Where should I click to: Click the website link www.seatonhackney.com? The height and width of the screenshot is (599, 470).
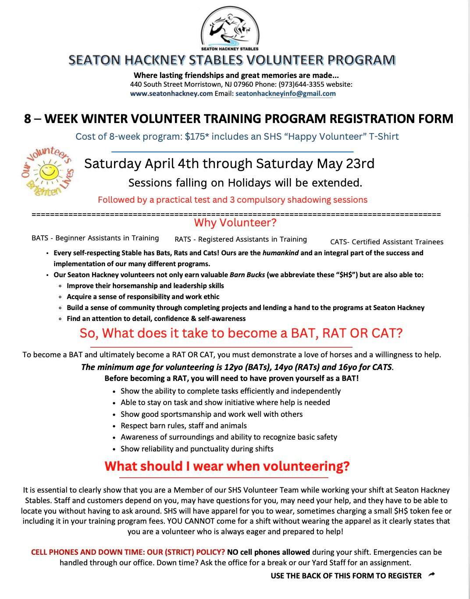tap(171, 93)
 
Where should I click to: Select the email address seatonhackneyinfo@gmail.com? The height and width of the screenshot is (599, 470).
tap(285, 93)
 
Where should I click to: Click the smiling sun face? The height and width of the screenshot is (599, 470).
tap(47, 171)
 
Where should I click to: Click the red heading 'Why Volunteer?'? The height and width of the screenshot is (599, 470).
tap(235, 223)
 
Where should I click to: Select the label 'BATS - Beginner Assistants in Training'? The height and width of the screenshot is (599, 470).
tap(95, 238)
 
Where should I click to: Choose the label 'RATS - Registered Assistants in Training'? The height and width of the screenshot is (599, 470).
tap(241, 239)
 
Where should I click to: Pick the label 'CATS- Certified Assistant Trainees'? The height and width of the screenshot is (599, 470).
tap(387, 242)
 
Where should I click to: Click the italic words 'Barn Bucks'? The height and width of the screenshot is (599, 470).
tap(247, 275)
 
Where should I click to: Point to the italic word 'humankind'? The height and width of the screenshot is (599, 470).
tap(281, 253)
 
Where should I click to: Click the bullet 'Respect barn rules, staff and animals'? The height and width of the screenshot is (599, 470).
tap(184, 426)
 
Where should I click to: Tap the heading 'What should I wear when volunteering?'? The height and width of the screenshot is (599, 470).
tap(227, 466)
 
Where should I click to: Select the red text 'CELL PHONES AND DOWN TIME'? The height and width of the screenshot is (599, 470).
tap(83, 552)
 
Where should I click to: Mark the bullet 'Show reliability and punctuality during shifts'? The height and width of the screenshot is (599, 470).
tap(197, 449)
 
